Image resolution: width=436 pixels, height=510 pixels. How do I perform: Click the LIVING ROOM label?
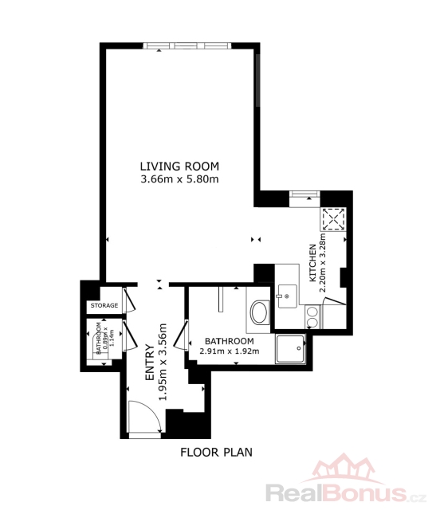tap(179, 167)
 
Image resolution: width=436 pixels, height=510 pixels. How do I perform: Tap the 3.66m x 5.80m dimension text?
tap(179, 178)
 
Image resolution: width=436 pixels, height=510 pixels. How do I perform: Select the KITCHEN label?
tap(312, 263)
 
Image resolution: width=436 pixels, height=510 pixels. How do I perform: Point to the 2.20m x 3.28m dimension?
tap(323, 262)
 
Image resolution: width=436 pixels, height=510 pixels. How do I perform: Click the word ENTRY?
tap(150, 362)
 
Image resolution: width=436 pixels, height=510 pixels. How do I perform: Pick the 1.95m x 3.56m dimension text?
tap(163, 362)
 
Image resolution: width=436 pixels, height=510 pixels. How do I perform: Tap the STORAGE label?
tap(104, 305)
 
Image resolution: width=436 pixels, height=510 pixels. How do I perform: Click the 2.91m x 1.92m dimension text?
tap(230, 351)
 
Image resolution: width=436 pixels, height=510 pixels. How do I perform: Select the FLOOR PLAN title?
tap(216, 453)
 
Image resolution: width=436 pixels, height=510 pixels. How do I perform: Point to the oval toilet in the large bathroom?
tap(259, 312)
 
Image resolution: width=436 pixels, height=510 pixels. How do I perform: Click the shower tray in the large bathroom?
tap(291, 349)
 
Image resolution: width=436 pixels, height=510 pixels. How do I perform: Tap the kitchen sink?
tap(287, 296)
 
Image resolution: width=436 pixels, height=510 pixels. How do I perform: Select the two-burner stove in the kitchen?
tap(312, 317)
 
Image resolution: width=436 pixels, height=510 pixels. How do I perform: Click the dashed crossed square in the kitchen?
tap(333, 220)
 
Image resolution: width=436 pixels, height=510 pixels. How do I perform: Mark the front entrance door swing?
tap(144, 417)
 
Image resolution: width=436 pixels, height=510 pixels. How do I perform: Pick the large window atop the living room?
tap(187, 45)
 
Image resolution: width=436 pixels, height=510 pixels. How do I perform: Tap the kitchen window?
tap(304, 194)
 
